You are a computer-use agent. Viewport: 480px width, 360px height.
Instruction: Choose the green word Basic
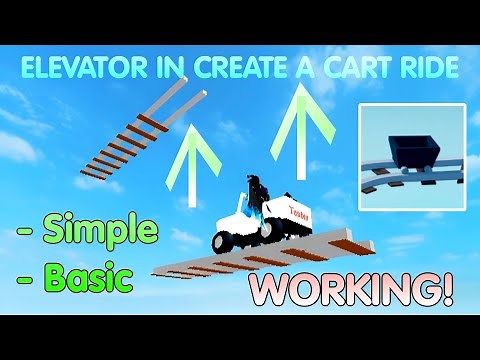(90, 277)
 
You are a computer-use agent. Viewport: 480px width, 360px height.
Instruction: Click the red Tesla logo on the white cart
(300, 212)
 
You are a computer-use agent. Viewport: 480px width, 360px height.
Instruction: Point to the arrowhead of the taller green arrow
(300, 100)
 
